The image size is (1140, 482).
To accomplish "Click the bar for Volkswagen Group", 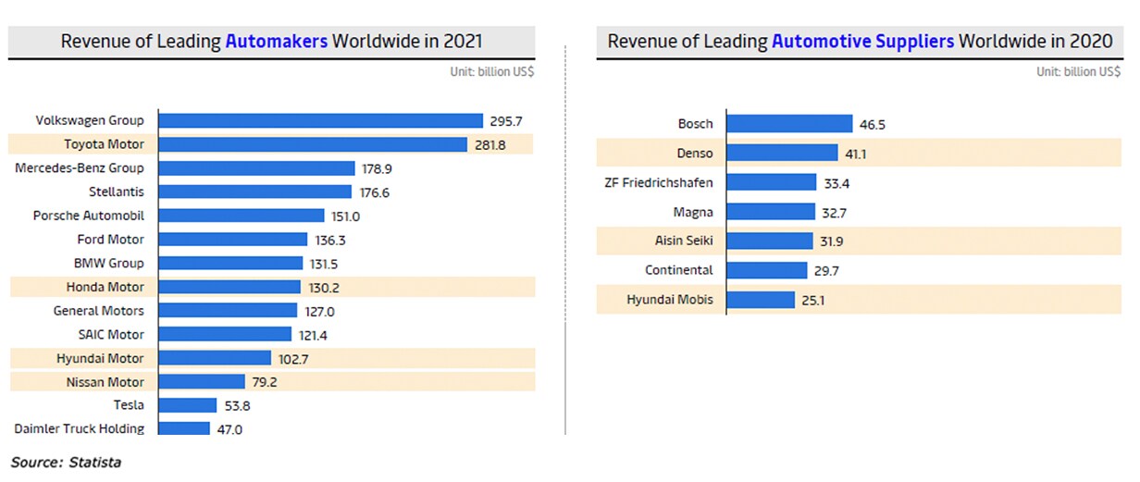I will point(320,120).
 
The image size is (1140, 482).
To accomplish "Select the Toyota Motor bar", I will point(313,144).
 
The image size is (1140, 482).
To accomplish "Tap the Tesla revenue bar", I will point(188,405).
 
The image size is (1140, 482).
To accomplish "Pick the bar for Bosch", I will point(789,124).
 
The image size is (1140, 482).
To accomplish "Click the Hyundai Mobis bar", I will point(761,300).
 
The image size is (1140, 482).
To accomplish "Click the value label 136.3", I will point(330,240).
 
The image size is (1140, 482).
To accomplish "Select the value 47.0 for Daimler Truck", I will point(229,429).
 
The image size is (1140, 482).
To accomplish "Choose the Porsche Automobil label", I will point(89,216).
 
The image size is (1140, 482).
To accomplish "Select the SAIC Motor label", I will point(111,334).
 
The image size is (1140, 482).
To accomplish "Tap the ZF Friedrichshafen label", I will point(658,182).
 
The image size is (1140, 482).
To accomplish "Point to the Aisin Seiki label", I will point(684,241).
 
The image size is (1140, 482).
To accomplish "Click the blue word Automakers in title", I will point(276,42).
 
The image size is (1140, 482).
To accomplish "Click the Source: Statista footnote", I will point(66,462).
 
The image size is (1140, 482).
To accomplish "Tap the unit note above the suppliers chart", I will point(1078,72).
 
